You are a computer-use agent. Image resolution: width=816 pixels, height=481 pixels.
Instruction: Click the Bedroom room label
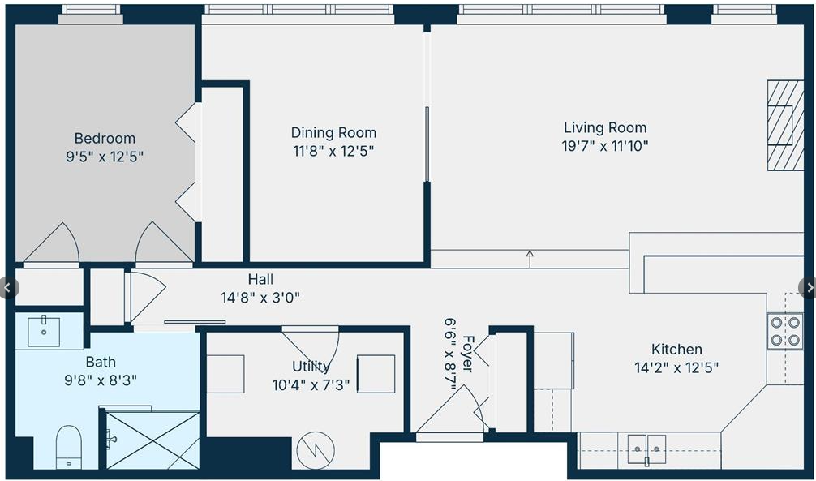pyautogui.click(x=105, y=139)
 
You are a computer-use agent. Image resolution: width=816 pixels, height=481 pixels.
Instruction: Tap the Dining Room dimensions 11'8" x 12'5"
pyautogui.click(x=333, y=151)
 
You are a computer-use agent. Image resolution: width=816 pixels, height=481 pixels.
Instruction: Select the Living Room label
pyautogui.click(x=605, y=127)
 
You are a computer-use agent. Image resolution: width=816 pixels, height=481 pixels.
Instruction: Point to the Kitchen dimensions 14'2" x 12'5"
pyautogui.click(x=676, y=368)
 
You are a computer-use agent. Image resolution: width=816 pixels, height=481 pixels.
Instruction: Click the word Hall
pyautogui.click(x=260, y=280)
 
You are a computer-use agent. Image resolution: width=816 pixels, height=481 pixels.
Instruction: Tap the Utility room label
pyautogui.click(x=311, y=367)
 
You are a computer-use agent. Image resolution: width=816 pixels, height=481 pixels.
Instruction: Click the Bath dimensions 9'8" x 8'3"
pyautogui.click(x=101, y=380)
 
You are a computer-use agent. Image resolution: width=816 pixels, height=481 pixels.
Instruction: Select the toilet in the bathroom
pyautogui.click(x=69, y=447)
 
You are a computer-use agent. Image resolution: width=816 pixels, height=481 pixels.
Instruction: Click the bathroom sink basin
pyautogui.click(x=44, y=331)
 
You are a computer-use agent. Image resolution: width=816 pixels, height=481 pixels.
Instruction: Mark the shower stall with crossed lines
pyautogui.click(x=152, y=440)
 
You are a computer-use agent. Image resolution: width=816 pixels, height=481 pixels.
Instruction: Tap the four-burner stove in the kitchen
pyautogui.click(x=785, y=332)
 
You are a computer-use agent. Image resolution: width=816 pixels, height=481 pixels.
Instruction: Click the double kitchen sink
pyautogui.click(x=646, y=449)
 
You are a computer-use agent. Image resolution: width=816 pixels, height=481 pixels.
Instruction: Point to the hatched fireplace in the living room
pyautogui.click(x=785, y=125)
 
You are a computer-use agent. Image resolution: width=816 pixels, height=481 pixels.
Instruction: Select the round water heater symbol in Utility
pyautogui.click(x=316, y=451)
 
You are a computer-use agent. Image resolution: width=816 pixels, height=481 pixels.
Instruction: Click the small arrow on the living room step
pyautogui.click(x=530, y=259)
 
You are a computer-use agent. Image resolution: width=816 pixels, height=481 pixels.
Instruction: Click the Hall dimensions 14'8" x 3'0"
pyautogui.click(x=260, y=298)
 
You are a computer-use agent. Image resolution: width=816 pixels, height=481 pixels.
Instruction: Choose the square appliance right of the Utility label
pyautogui.click(x=376, y=374)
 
